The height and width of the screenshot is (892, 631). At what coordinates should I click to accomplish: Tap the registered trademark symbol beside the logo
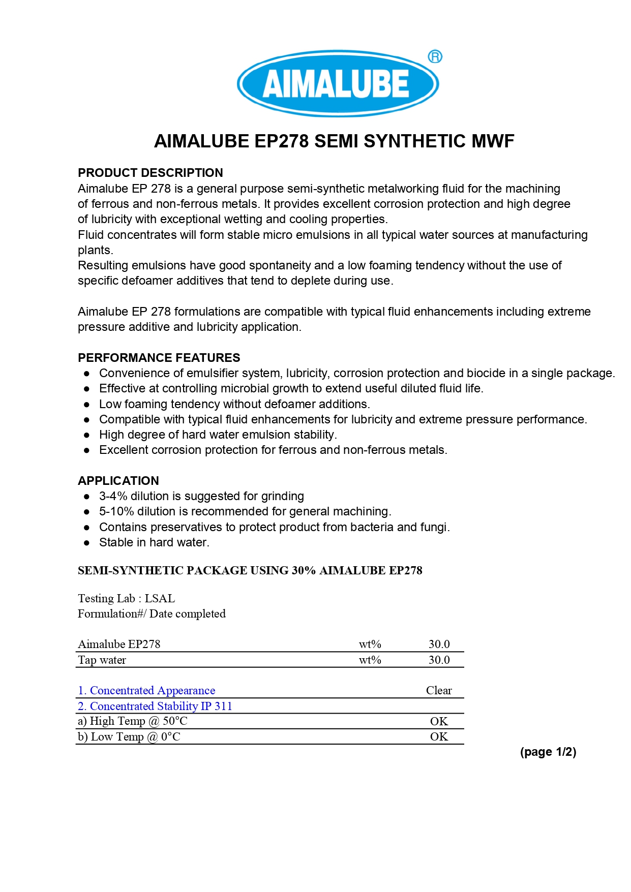(x=435, y=56)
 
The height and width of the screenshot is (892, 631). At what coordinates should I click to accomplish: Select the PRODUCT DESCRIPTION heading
(x=150, y=173)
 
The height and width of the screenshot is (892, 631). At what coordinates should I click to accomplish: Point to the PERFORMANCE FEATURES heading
(x=159, y=358)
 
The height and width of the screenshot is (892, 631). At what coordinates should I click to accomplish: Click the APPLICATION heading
(x=118, y=481)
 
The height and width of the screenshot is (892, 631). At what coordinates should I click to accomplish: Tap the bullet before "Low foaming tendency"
(x=87, y=405)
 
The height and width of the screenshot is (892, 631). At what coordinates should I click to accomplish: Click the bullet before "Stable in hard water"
(x=87, y=543)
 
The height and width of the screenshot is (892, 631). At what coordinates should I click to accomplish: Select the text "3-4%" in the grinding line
(x=113, y=496)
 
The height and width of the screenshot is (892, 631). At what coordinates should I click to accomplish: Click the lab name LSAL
(x=160, y=599)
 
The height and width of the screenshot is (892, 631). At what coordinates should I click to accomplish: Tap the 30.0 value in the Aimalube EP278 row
(x=439, y=644)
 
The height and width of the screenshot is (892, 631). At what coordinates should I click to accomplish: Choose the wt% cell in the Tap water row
(x=370, y=660)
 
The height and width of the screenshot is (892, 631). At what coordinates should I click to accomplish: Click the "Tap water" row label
(x=102, y=660)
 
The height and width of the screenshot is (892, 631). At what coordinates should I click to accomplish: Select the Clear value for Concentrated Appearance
(x=439, y=691)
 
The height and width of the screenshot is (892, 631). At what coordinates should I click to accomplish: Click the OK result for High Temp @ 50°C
(x=439, y=722)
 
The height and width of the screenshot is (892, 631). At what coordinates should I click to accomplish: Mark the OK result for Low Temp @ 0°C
(x=439, y=737)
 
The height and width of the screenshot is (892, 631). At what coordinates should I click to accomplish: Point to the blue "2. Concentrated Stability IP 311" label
(x=155, y=706)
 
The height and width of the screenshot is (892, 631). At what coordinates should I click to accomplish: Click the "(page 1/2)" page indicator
(x=548, y=752)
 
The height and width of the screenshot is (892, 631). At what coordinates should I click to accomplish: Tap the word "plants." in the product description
(x=95, y=250)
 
